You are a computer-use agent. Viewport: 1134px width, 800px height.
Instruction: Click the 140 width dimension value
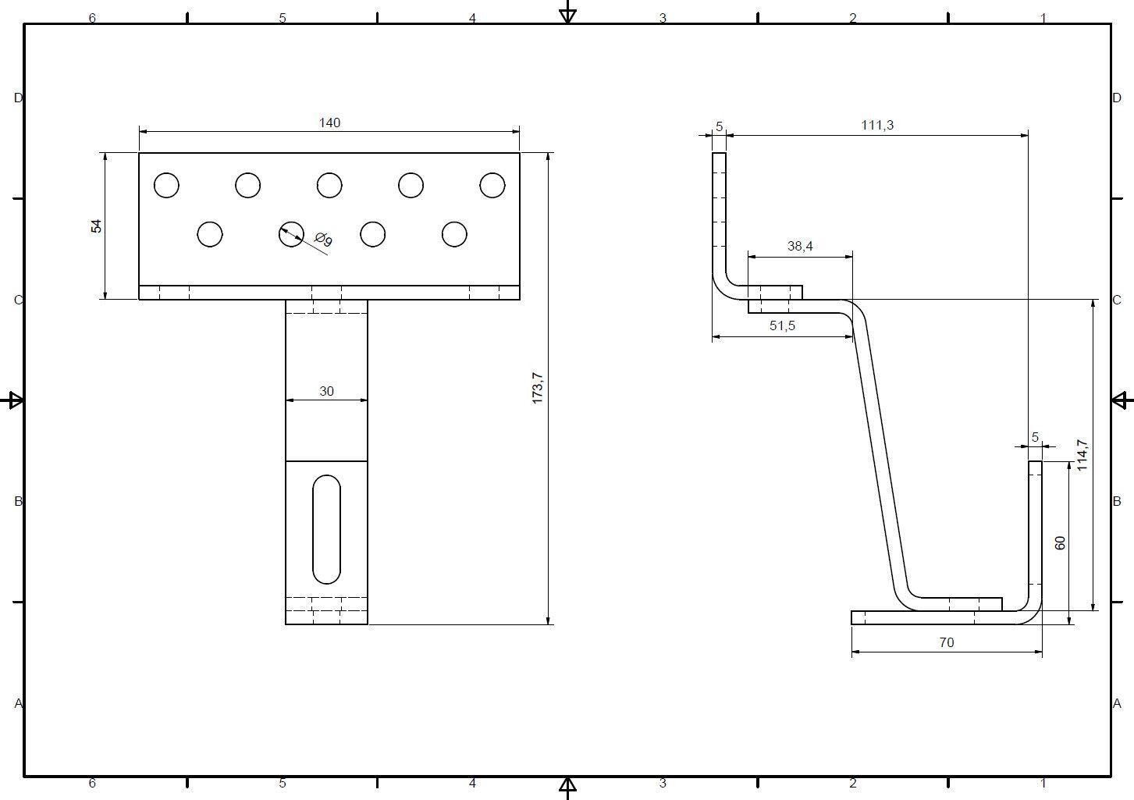click(x=329, y=123)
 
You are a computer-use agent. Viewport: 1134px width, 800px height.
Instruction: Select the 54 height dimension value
click(x=96, y=226)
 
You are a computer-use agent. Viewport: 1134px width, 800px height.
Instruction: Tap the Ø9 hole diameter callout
click(x=323, y=239)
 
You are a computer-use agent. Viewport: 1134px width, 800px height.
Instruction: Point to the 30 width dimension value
click(x=326, y=391)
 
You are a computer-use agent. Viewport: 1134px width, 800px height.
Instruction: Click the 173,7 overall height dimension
click(x=538, y=389)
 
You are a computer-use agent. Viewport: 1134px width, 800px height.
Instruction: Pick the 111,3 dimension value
click(x=877, y=125)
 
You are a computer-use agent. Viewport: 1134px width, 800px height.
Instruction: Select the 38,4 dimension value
click(x=800, y=246)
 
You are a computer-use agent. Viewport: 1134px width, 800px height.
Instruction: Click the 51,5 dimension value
click(x=782, y=325)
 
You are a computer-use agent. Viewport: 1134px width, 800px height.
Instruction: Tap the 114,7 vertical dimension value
click(x=1082, y=455)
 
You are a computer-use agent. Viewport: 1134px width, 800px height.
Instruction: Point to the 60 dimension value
click(x=1060, y=542)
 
